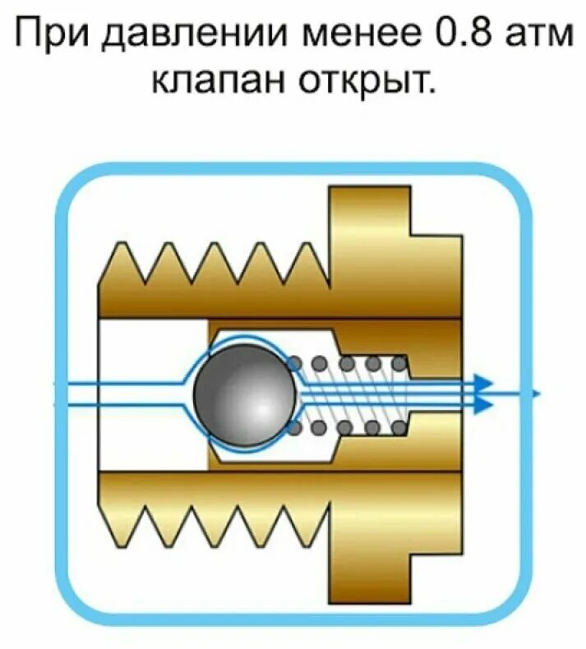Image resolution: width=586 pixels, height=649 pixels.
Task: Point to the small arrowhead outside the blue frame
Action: [x=536, y=394]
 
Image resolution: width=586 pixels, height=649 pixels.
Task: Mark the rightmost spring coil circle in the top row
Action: [x=398, y=362]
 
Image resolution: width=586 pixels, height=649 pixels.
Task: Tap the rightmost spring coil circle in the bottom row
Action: [x=398, y=426]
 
